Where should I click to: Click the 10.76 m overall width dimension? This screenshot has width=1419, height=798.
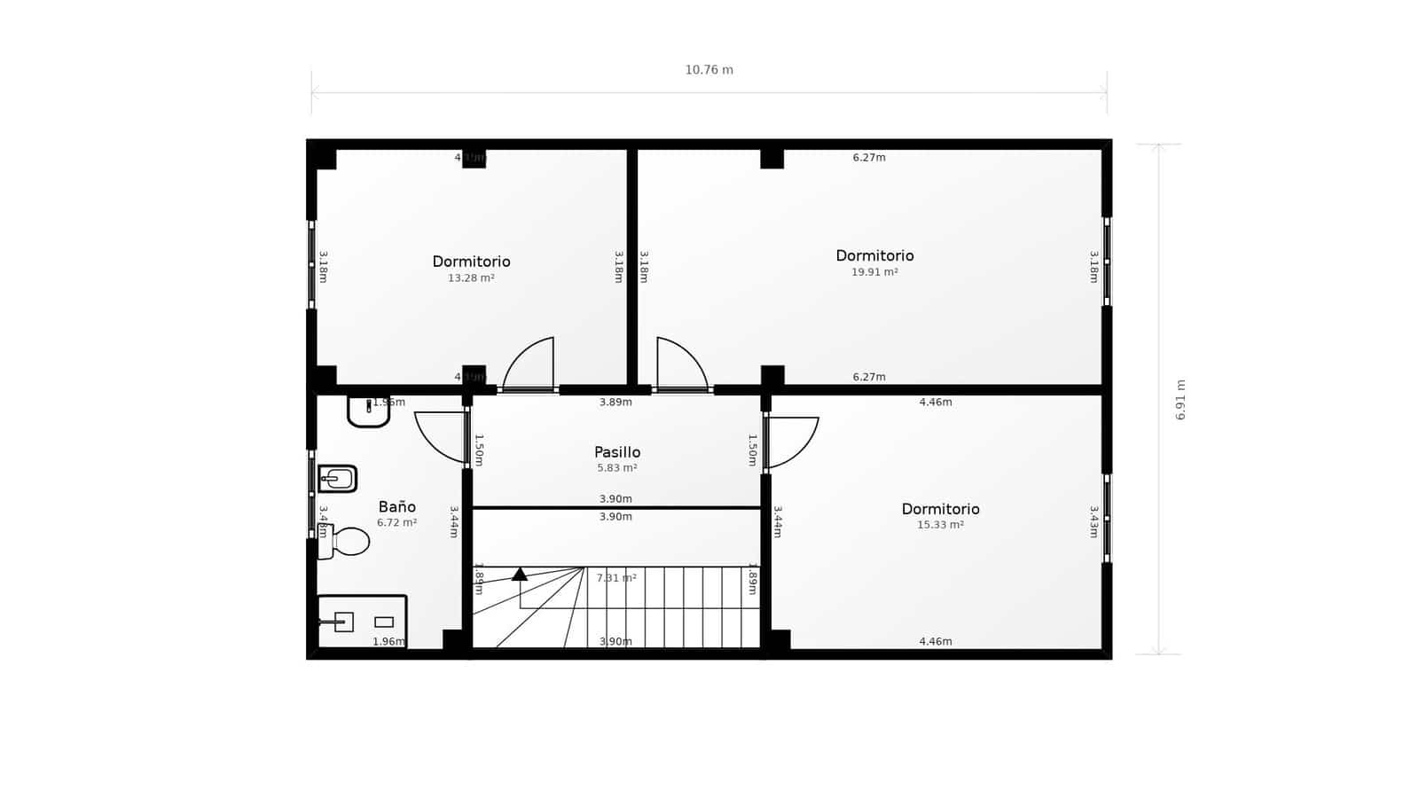(709, 70)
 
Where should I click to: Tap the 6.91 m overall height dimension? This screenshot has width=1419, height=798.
(1180, 400)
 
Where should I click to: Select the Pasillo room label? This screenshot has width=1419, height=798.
(617, 452)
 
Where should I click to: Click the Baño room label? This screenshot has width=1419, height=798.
(396, 507)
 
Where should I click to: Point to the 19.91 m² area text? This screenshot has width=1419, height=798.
(874, 272)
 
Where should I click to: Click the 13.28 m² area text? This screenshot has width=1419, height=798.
(471, 278)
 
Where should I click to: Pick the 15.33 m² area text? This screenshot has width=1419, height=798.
(940, 525)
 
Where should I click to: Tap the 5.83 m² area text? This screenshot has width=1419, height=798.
(617, 468)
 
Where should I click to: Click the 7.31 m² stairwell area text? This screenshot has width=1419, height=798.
(616, 578)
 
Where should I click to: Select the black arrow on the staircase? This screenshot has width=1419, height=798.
(520, 575)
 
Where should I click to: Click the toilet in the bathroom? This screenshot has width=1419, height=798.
(345, 541)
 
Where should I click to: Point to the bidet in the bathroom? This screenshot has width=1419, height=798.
(338, 479)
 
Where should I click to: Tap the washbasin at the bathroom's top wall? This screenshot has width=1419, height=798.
(367, 411)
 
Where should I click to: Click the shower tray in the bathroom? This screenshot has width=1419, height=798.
(362, 622)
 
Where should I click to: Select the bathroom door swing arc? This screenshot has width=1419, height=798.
(441, 436)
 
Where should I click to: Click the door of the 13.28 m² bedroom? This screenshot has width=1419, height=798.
(530, 364)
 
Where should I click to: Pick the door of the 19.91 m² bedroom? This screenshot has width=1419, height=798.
(680, 364)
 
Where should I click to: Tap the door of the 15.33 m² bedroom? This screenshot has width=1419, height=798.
(791, 442)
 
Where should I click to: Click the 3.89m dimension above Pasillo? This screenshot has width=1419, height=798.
(615, 403)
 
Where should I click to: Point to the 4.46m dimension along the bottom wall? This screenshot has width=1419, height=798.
(936, 642)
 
